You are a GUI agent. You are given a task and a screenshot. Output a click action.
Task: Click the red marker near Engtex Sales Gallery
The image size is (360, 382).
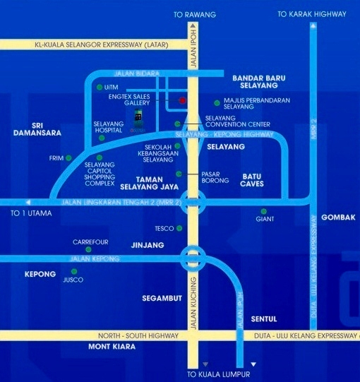click(x=182, y=101)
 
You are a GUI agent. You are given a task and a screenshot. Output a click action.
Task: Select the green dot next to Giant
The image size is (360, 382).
click(x=263, y=210)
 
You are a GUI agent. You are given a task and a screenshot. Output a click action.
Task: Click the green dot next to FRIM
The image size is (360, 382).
click(x=69, y=157)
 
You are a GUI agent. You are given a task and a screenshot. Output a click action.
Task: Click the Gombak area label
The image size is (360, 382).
click(x=338, y=217)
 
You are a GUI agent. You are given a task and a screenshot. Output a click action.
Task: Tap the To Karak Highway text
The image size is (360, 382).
click(x=311, y=14)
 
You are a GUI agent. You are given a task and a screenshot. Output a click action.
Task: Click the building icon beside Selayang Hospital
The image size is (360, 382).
click(x=138, y=117)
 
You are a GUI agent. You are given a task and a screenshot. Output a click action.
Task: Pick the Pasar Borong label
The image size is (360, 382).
click(x=215, y=177)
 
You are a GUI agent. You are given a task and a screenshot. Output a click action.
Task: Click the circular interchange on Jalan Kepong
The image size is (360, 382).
click(x=192, y=258)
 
